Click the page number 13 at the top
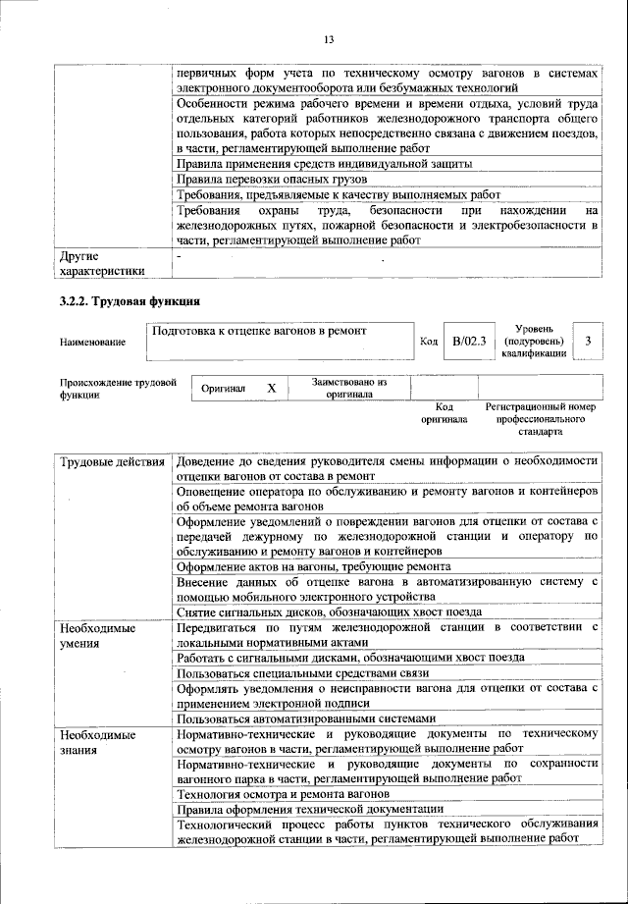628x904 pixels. tap(329, 39)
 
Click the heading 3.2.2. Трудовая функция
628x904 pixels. tap(131, 301)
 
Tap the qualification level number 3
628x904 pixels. tap(587, 341)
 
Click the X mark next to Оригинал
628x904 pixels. tap(272, 389)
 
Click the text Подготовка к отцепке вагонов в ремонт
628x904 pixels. tap(259, 331)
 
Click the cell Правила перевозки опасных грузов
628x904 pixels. tap(272, 180)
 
